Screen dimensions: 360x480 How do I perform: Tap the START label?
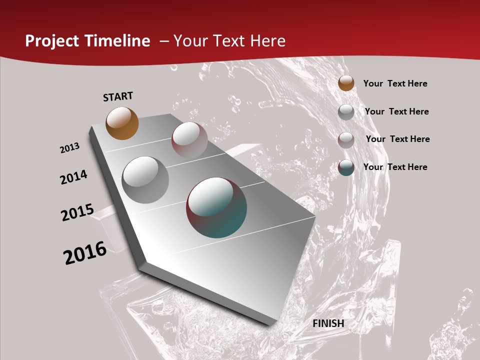(118, 96)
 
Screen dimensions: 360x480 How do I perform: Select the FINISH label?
(328, 323)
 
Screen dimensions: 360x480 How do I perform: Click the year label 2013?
(70, 148)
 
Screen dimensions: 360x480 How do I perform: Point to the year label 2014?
(74, 177)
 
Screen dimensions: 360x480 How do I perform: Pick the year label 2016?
(85, 253)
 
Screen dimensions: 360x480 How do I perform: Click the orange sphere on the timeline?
(122, 123)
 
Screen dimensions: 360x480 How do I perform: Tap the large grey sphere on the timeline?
(145, 180)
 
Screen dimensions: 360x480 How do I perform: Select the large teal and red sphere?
(216, 207)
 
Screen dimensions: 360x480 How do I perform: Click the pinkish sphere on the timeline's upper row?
(189, 140)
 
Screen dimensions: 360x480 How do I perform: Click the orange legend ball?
(346, 83)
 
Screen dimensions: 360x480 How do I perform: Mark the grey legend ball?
(346, 112)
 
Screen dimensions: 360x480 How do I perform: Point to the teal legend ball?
(346, 167)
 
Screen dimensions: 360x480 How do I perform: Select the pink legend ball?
(346, 140)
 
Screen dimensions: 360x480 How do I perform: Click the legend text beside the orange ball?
(395, 83)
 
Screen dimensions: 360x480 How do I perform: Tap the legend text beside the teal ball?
(395, 167)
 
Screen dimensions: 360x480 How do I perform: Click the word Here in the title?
(267, 41)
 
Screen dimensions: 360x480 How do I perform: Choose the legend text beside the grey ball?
(396, 111)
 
